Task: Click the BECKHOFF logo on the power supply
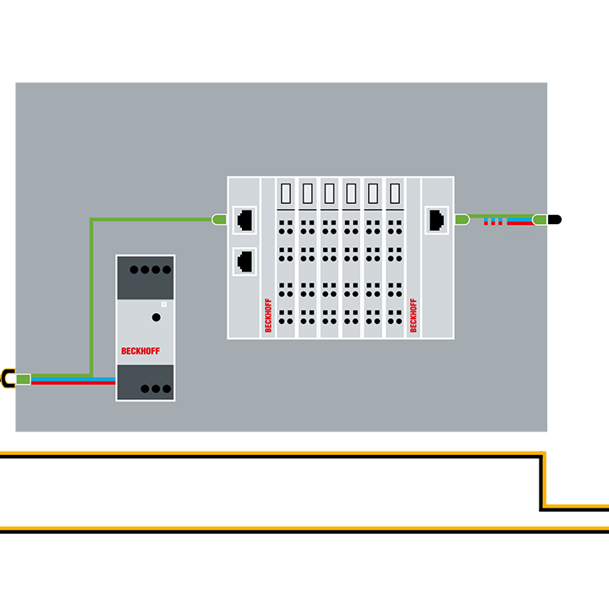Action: (140, 350)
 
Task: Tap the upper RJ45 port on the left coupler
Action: (245, 219)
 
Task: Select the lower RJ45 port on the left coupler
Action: (245, 260)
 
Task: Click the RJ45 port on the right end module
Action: (436, 219)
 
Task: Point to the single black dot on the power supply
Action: (156, 317)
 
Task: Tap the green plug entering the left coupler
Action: (219, 219)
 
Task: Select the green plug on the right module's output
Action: (462, 219)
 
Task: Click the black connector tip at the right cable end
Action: (554, 219)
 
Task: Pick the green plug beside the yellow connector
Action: (24, 378)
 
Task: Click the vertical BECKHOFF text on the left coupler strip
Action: (268, 315)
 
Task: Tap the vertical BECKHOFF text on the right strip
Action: (414, 315)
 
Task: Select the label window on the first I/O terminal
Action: (286, 194)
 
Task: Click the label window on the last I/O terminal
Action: (395, 194)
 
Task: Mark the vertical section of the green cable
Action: (91, 296)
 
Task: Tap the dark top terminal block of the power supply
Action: (145, 277)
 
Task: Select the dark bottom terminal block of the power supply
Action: (145, 383)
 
